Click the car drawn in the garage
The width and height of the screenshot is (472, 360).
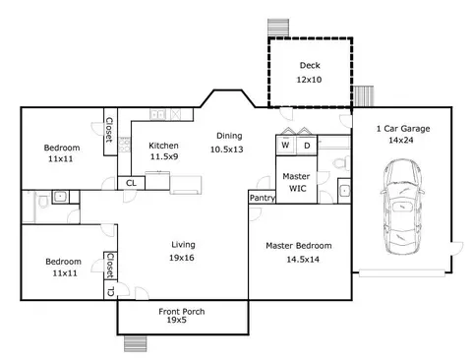tap(402, 207)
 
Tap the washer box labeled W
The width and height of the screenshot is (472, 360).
tap(286, 146)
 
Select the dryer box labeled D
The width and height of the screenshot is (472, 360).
tap(307, 146)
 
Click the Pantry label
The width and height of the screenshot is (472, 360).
tap(263, 198)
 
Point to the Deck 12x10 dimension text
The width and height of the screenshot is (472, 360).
tap(309, 80)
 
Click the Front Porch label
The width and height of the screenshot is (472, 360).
tap(182, 312)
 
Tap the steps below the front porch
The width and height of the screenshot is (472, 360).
tap(136, 343)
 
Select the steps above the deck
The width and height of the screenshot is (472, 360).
tap(278, 28)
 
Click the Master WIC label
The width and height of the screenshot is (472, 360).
tap(296, 182)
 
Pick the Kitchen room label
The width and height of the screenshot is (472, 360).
tap(163, 146)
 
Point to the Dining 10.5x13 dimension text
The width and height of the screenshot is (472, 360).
tap(227, 150)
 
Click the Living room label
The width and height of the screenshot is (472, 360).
tap(183, 245)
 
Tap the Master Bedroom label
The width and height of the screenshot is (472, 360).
tap(299, 246)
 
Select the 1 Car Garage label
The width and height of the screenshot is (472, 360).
tap(403, 129)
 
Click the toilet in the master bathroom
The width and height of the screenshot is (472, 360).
tap(341, 163)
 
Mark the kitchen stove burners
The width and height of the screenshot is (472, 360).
tap(124, 145)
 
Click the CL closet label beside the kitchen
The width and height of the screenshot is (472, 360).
tap(131, 183)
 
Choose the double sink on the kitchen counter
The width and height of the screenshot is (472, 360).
tap(157, 114)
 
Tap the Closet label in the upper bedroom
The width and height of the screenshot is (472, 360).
tap(109, 130)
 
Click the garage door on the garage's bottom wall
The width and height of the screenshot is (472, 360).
tap(402, 273)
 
